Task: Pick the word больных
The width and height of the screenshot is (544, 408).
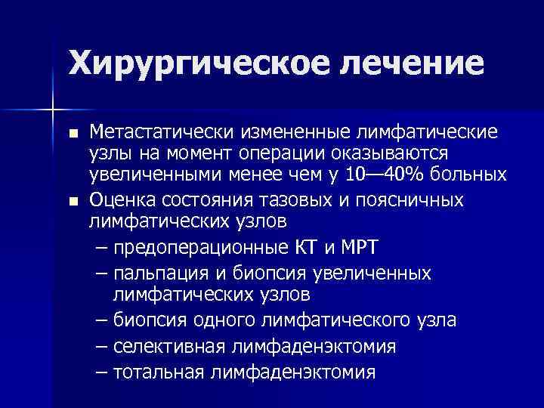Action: coord(469,175)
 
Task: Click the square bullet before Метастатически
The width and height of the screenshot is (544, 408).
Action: coord(72,134)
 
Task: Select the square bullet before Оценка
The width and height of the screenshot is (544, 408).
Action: coord(72,202)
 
